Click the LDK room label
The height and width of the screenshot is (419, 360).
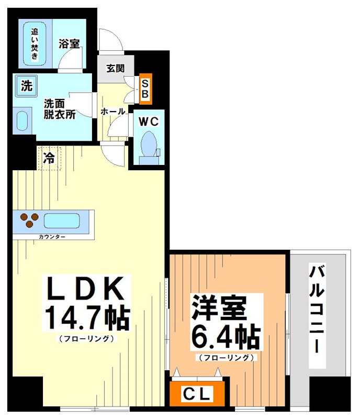(x=86, y=288)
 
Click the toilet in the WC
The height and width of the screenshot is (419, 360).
(x=149, y=144)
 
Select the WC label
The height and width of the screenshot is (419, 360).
(x=148, y=121)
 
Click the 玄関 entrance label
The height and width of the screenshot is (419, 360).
(x=115, y=68)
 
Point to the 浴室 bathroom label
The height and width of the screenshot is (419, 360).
(x=69, y=43)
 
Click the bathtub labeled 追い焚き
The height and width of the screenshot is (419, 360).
(x=34, y=43)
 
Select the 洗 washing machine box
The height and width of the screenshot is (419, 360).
(x=25, y=85)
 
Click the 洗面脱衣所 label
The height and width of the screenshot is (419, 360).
(x=59, y=109)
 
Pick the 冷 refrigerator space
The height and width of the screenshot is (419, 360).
(x=49, y=157)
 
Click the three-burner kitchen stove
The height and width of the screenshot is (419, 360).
(x=29, y=220)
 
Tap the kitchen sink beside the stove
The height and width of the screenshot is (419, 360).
(x=61, y=221)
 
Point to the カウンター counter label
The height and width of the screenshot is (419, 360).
(x=52, y=237)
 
